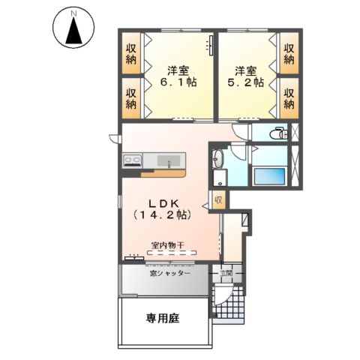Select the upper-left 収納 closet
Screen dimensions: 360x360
(x=132, y=53)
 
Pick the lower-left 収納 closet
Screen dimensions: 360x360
(x=132, y=97)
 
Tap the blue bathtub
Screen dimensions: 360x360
(x=268, y=177)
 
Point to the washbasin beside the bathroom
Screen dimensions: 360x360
(x=218, y=160)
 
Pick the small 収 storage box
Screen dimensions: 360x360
(x=219, y=201)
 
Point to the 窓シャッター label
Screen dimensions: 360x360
(x=169, y=274)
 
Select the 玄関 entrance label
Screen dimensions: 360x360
(x=228, y=273)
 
